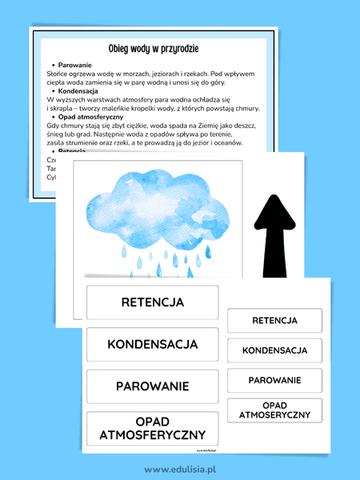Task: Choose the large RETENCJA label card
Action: point(152,302)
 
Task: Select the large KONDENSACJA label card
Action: point(152,344)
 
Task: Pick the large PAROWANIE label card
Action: point(152,386)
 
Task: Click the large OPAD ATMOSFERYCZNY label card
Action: point(152,428)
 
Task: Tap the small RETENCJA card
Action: point(274,320)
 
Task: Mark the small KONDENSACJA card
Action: point(274,350)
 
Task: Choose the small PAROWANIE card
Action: point(274,380)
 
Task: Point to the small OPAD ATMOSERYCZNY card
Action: point(274,410)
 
